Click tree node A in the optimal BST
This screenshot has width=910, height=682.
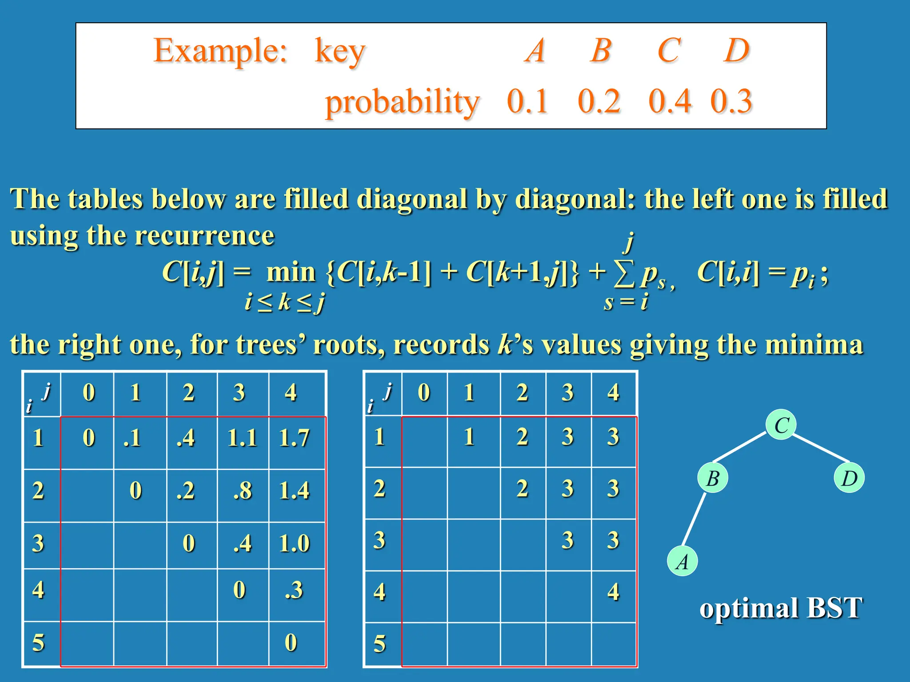pos(682,561)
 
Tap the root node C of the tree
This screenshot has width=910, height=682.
pos(781,425)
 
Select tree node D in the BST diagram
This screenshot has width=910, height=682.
pos(849,478)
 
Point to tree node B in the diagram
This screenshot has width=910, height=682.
pos(713,478)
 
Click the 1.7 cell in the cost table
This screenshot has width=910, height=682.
pos(294,438)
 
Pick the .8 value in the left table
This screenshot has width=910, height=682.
pos(243,491)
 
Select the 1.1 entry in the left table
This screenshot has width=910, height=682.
pos(242,438)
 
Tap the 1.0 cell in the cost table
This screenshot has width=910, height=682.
pos(294,543)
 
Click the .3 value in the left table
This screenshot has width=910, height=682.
pos(294,590)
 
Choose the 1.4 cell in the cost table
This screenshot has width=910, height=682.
pos(294,491)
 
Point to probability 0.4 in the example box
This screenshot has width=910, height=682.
pos(670,101)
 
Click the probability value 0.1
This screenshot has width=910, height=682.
pos(527,101)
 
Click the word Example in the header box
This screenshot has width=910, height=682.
pos(220,51)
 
